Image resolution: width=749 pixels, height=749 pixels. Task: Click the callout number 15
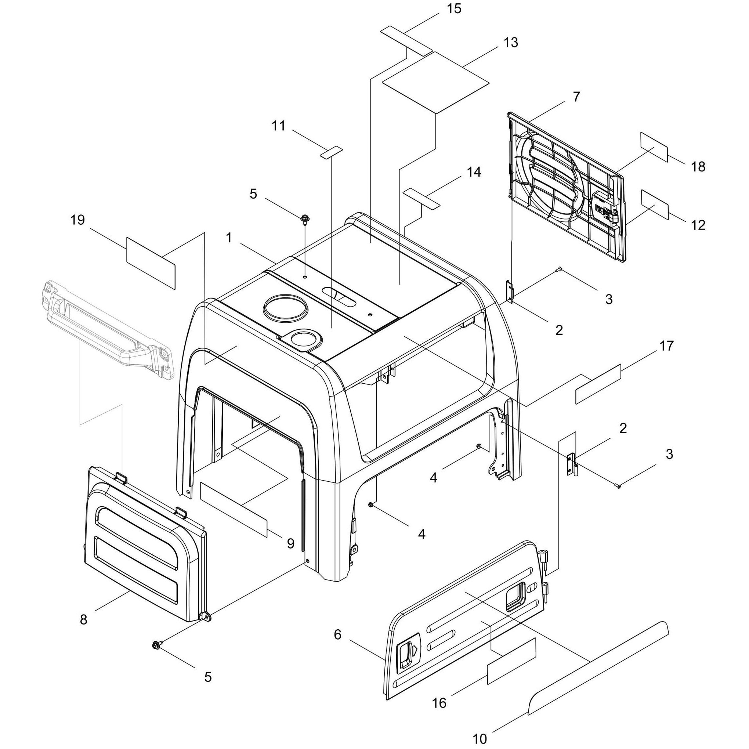click(454, 8)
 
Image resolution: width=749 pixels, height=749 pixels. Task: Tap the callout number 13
click(511, 42)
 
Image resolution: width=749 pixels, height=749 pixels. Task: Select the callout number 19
click(77, 220)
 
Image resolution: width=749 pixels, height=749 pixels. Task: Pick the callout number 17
click(666, 345)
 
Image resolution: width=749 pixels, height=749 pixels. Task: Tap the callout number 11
click(278, 126)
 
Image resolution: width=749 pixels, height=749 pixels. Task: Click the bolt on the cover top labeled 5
click(304, 220)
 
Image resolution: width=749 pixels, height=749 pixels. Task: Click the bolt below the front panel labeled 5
click(157, 644)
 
